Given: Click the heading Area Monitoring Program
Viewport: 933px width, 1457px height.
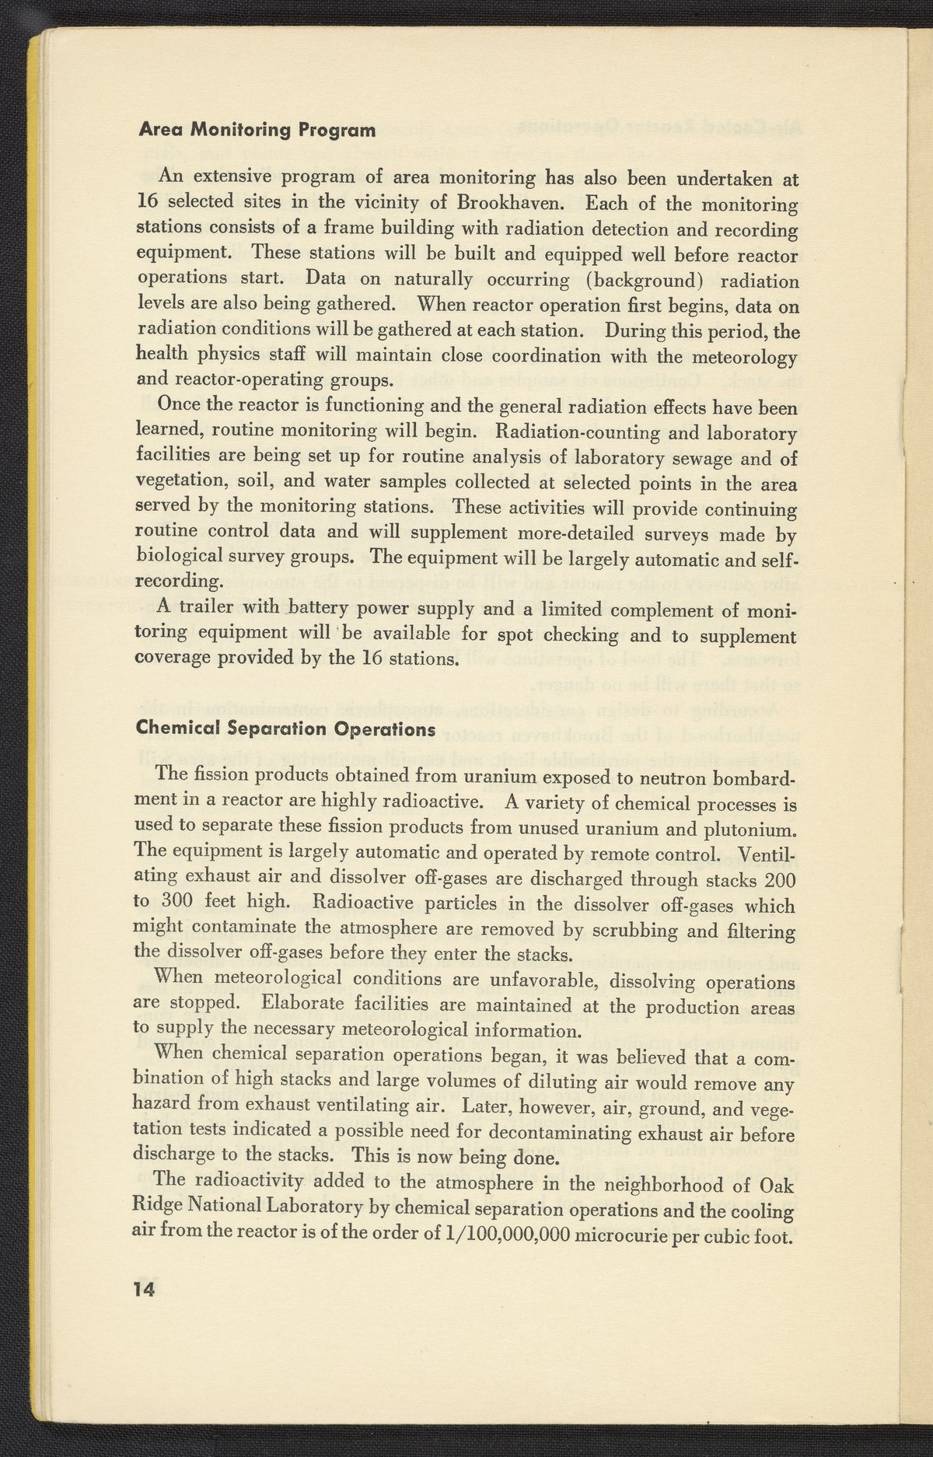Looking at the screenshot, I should (x=257, y=130).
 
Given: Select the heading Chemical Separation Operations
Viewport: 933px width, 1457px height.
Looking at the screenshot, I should (x=285, y=729).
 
